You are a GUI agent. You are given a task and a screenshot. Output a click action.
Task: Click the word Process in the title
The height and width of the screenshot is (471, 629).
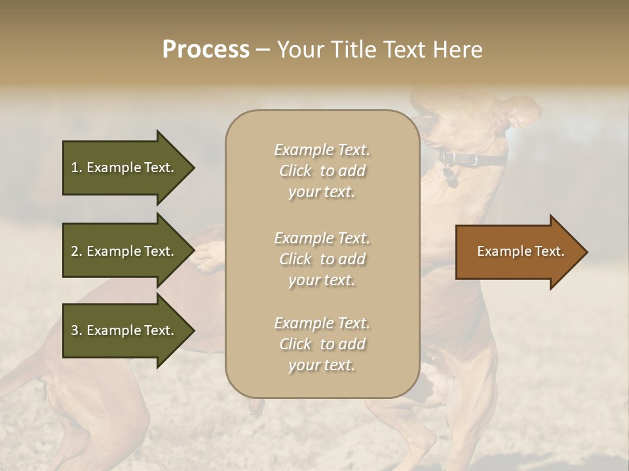pyautogui.click(x=206, y=50)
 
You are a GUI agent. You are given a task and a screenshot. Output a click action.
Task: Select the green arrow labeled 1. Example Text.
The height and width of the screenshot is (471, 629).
pyautogui.click(x=124, y=167)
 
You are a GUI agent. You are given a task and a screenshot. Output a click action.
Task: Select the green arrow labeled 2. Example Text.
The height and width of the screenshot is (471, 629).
pyautogui.click(x=124, y=251)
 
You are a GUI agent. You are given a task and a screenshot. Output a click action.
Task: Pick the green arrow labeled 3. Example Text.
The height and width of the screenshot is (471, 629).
pyautogui.click(x=124, y=330)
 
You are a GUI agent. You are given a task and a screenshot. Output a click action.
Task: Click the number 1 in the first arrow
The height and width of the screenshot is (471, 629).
pyautogui.click(x=75, y=167)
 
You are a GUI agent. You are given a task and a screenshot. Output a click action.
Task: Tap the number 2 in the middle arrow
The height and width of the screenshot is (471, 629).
pyautogui.click(x=75, y=251)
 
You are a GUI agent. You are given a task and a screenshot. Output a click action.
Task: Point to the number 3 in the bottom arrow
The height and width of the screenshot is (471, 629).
pyautogui.click(x=75, y=330)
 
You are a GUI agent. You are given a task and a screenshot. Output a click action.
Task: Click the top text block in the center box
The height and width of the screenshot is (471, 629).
pyautogui.click(x=322, y=171)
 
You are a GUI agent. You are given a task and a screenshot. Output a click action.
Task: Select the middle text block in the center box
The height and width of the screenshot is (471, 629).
pyautogui.click(x=322, y=259)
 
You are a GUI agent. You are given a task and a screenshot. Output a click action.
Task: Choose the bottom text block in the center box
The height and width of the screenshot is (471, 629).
pyautogui.click(x=322, y=344)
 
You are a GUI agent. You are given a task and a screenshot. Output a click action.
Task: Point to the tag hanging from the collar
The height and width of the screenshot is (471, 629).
pyautogui.click(x=449, y=176)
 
